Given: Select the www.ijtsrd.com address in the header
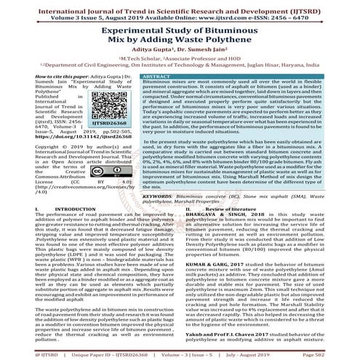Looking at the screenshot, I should [233, 14].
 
